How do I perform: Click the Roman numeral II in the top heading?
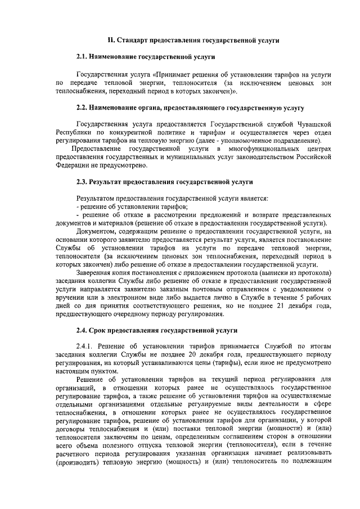(x=111, y=40)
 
